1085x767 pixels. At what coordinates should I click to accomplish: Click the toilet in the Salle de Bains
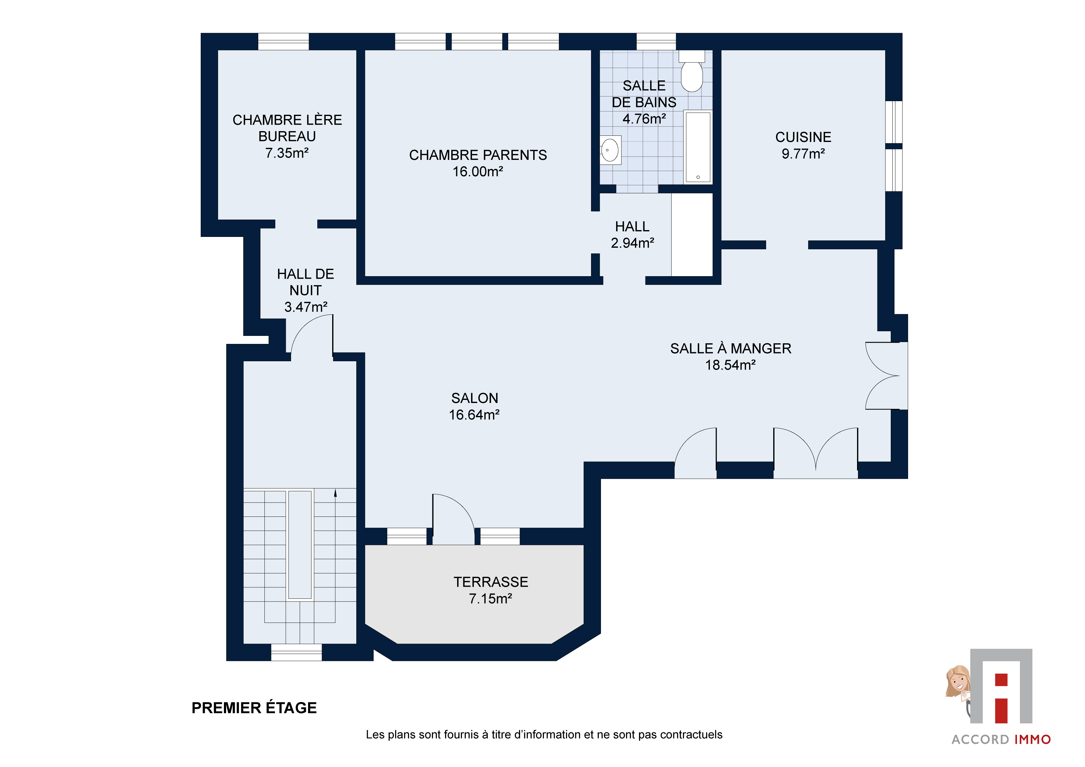[692, 71]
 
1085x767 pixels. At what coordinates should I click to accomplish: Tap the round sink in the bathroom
[610, 150]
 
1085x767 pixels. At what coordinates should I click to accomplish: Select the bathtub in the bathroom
[698, 147]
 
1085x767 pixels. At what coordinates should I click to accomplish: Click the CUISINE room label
[803, 137]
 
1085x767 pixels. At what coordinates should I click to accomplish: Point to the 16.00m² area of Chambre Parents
[478, 172]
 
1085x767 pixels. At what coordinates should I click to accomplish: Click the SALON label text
[474, 398]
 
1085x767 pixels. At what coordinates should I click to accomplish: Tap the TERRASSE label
[491, 582]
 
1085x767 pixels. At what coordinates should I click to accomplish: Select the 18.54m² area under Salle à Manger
[731, 365]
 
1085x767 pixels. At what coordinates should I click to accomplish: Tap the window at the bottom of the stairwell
[296, 652]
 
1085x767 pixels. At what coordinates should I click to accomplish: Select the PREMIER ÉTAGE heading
[254, 708]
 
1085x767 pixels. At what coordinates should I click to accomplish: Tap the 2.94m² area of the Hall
[632, 243]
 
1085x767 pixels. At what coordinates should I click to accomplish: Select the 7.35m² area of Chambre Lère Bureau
[287, 153]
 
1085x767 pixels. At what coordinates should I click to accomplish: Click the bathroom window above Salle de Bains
[656, 41]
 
